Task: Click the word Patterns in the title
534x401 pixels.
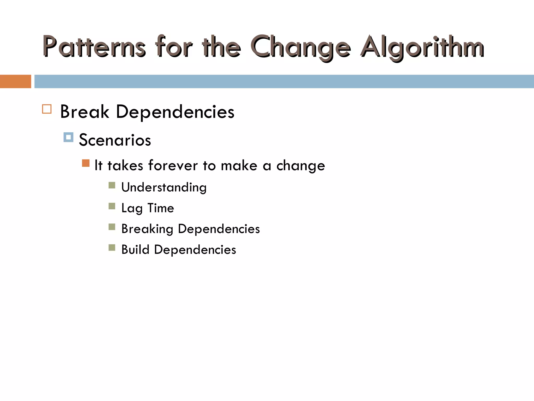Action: coord(94,47)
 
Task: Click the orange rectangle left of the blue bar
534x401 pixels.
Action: coord(15,81)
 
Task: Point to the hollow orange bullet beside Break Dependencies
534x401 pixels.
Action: coord(47,109)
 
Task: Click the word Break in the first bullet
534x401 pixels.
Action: coord(84,112)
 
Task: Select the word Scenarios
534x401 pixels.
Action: coord(115,140)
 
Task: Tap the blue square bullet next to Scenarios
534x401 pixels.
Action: coord(68,137)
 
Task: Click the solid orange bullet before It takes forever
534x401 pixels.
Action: coord(86,163)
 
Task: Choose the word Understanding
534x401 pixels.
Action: coord(164,187)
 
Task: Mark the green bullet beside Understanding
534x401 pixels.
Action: coord(112,185)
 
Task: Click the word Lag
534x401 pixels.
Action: coord(132,208)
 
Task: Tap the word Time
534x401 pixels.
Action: coord(161,208)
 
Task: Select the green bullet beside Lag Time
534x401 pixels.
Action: coord(112,206)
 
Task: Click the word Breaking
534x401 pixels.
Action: coord(147,229)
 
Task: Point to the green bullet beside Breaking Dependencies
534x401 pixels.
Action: coord(112,227)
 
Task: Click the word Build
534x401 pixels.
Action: coord(135,250)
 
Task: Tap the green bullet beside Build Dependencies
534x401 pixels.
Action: coord(112,247)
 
